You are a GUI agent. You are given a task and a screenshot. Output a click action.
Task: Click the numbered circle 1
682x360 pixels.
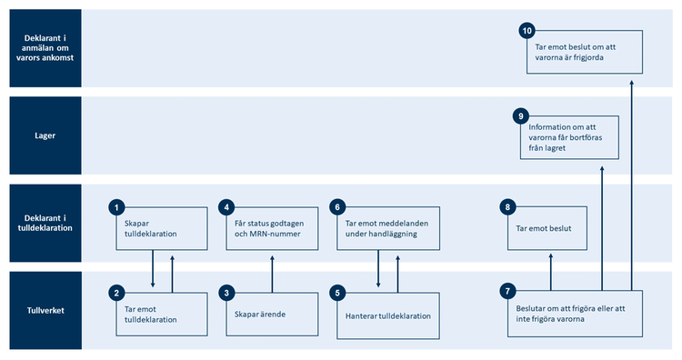[115, 207]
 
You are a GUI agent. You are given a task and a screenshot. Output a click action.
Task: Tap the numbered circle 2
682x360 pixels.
[115, 293]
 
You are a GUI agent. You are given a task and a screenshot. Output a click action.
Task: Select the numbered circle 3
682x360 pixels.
[227, 293]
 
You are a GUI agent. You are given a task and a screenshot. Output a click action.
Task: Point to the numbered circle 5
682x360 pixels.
[337, 293]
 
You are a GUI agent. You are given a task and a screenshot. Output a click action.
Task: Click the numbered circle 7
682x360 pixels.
[506, 292]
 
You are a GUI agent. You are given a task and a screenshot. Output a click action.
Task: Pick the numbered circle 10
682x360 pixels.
[527, 31]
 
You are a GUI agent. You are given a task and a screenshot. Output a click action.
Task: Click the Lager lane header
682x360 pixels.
[41, 135]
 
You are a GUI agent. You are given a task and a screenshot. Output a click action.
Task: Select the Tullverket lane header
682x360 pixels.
[41, 309]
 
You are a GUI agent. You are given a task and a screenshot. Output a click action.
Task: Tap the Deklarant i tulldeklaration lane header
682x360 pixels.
[41, 222]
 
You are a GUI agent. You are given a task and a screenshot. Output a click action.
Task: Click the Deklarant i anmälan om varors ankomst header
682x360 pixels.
[41, 48]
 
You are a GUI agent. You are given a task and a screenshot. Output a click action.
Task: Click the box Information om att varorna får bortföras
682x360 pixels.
[568, 138]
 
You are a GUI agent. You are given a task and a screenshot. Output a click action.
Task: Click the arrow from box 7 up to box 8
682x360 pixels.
[550, 271]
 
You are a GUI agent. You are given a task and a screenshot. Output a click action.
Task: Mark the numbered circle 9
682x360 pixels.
[520, 116]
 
